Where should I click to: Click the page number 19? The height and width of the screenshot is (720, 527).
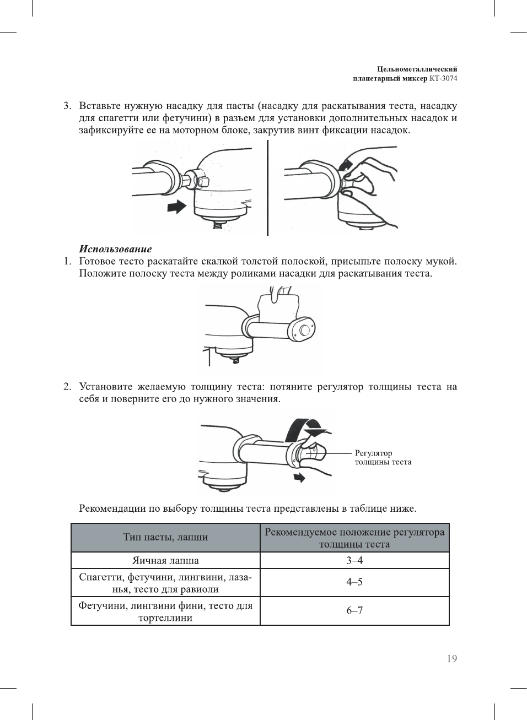(451, 659)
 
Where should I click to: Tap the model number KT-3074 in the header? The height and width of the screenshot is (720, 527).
(443, 78)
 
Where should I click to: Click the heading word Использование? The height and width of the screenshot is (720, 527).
(115, 249)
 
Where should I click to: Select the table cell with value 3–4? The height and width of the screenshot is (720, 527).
(354, 560)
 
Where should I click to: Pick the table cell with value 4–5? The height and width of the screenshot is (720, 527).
(354, 582)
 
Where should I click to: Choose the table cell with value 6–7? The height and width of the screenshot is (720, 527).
(354, 610)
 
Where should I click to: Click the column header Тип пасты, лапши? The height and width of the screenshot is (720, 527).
(165, 537)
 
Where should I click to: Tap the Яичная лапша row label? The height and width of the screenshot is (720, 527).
(165, 560)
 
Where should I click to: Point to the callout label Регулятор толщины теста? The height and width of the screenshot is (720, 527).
(383, 457)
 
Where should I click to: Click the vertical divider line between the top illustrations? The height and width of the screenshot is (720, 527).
(268, 187)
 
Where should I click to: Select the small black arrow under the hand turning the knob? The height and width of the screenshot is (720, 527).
(299, 477)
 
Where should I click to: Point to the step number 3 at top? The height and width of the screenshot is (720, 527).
(67, 106)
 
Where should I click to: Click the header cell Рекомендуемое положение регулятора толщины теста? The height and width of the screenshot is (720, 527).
(354, 538)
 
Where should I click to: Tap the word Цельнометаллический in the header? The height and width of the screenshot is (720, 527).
(417, 69)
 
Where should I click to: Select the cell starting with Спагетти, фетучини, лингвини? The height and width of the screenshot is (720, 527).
(165, 583)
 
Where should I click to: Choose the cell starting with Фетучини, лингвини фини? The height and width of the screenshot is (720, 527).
(165, 611)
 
